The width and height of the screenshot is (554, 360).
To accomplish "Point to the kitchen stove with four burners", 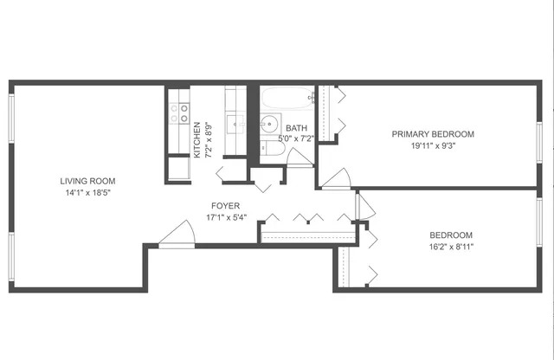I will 179,112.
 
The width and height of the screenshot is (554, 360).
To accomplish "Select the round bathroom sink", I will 270,123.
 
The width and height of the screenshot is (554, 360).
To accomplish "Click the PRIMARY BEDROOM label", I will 433,134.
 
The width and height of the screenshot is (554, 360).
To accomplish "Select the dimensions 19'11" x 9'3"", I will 433,145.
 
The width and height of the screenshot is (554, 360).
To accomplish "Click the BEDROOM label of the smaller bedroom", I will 451,235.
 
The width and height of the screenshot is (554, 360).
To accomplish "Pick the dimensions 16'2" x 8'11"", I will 451,247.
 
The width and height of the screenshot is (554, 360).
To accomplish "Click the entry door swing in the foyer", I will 177,234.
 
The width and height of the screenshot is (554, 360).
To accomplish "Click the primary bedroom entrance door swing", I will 337,178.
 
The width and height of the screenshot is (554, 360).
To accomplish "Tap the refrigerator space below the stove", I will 178,167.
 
